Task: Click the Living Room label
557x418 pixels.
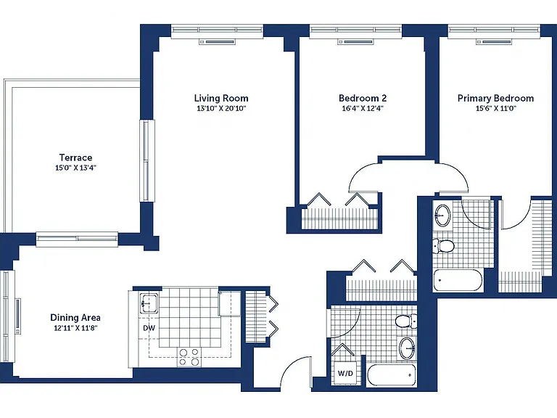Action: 221,98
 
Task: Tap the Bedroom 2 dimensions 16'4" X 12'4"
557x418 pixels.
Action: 363,108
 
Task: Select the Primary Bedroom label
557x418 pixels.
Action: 495,98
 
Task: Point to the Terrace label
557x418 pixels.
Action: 75,157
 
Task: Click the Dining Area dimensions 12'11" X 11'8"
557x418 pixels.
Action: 75,328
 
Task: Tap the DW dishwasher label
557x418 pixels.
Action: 149,328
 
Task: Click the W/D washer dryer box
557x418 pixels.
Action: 345,372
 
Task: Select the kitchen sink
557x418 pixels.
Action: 149,303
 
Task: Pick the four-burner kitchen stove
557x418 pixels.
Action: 189,357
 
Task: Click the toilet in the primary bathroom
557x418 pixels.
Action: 443,246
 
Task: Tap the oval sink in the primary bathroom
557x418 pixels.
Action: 442,215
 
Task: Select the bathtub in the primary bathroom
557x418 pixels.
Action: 458,280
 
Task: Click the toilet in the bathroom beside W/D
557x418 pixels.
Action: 406,321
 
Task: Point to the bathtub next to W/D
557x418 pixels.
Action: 391,374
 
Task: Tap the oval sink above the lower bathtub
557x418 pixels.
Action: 407,348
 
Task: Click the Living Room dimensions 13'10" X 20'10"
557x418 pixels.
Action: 221,108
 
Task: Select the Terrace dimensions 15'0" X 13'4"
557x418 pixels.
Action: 75,168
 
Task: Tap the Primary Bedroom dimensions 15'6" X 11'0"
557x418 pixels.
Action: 495,108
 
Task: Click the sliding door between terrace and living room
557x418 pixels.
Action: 147,161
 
